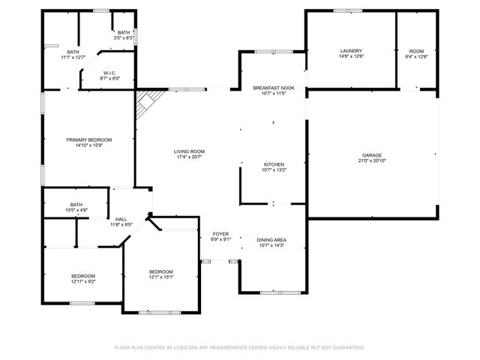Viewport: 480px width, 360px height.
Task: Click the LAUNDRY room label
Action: click(350, 50)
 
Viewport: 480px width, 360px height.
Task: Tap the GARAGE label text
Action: click(372, 156)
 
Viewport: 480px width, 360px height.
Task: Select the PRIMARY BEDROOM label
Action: click(88, 140)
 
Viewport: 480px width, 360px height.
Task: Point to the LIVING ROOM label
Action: click(190, 151)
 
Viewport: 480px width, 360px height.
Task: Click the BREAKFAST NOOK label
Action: click(273, 88)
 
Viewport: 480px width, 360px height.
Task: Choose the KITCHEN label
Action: click(273, 164)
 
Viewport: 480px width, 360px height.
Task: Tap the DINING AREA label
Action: click(271, 240)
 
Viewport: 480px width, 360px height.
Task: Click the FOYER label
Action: click(220, 234)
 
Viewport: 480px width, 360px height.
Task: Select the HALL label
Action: click(121, 218)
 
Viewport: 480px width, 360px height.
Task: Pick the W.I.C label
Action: click(109, 73)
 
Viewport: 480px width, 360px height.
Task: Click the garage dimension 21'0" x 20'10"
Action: click(372, 161)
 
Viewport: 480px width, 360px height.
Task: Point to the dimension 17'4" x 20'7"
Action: click(190, 157)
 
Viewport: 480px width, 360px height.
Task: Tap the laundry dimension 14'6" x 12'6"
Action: click(350, 55)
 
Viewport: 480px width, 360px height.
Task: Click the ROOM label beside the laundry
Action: click(415, 50)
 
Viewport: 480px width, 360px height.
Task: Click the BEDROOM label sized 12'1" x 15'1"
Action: click(160, 271)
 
